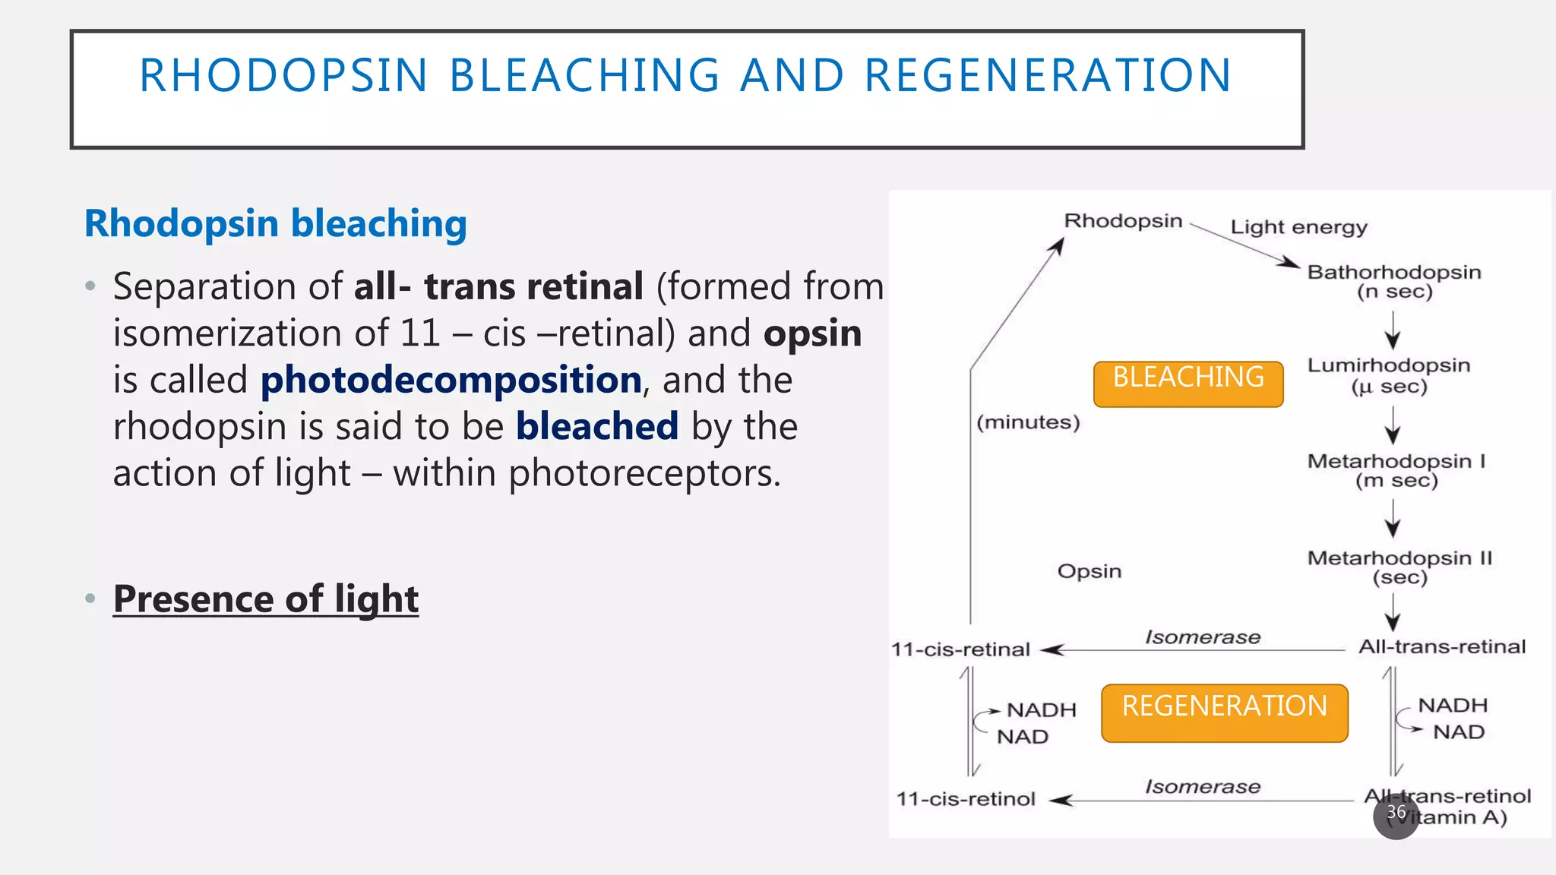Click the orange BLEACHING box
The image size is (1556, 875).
(1188, 384)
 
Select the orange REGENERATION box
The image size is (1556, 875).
(1224, 712)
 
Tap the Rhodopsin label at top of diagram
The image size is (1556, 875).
(1123, 221)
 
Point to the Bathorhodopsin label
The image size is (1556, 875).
(1393, 272)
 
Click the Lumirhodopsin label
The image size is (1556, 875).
(1388, 365)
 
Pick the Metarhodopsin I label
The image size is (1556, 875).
(1396, 461)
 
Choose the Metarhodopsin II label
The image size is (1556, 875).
(1399, 558)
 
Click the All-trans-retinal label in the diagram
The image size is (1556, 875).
(1441, 647)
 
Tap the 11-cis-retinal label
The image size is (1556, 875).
(960, 649)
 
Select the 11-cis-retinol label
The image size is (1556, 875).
(966, 799)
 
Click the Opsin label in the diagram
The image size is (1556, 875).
(1089, 571)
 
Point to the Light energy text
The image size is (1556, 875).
(1298, 227)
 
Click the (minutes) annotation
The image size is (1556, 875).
(1028, 422)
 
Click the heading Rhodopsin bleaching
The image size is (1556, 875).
(275, 223)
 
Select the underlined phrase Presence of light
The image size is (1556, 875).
(265, 599)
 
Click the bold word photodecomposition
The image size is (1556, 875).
(451, 380)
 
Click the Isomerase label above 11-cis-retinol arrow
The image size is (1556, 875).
(1202, 787)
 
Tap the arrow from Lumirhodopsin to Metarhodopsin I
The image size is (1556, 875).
(1392, 425)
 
